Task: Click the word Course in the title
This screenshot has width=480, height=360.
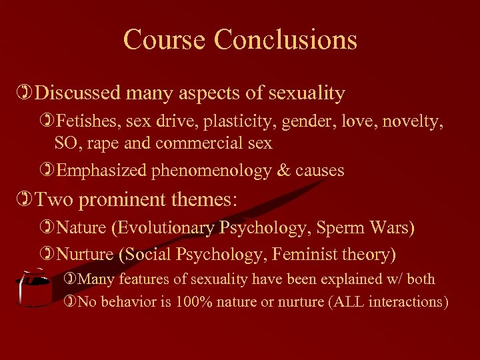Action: point(165,39)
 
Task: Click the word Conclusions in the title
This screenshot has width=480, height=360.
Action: point(285,39)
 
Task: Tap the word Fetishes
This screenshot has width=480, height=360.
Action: point(84,122)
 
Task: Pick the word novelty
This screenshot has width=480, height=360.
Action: point(417,122)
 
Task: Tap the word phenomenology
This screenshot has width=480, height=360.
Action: point(212,171)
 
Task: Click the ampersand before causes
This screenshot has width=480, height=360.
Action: point(285,171)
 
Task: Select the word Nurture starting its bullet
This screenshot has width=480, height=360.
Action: point(82,254)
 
